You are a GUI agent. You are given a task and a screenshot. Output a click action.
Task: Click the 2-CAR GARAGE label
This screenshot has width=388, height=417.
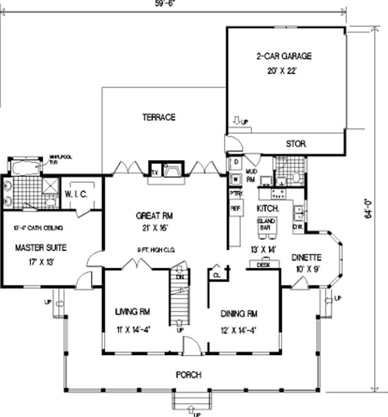click(x=284, y=56)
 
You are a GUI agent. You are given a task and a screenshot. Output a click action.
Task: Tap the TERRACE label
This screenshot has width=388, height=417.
click(x=159, y=117)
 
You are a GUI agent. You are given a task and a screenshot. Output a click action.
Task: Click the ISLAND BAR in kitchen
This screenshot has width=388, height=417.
click(x=265, y=225)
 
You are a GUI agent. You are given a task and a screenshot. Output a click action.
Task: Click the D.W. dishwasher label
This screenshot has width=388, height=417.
click(x=298, y=226)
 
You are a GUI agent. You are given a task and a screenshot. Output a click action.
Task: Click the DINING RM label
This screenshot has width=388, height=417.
click(x=238, y=314)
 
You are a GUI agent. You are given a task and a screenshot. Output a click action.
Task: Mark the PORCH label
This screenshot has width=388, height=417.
click(x=189, y=375)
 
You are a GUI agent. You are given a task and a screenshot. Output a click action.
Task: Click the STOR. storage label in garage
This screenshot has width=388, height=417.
click(x=296, y=144)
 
